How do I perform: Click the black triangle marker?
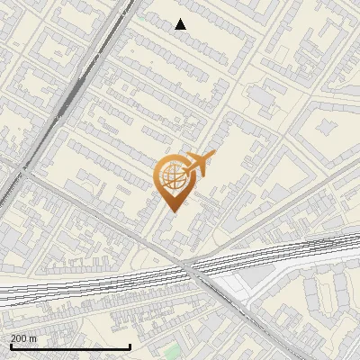(181, 24)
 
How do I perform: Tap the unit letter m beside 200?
(33, 338)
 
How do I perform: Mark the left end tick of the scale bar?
(10, 346)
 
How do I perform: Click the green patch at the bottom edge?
(171, 352)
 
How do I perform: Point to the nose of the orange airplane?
(213, 157)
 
